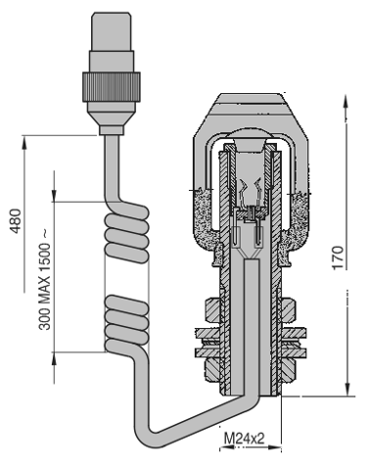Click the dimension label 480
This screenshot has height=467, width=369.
coord(16,221)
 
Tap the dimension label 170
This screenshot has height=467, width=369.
coord(338,257)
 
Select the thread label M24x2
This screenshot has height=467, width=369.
coord(244,439)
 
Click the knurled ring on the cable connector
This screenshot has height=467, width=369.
coord(111,86)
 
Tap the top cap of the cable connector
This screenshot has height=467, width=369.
coord(112,31)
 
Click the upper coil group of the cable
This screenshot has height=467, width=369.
coord(127,233)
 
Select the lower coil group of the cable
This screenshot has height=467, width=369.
coord(127,323)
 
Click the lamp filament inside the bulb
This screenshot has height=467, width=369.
coord(251,193)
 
